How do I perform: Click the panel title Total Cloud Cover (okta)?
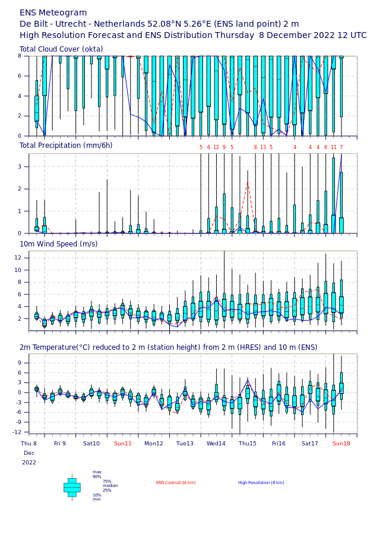tap(61, 49)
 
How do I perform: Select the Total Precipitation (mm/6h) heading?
tap(66, 146)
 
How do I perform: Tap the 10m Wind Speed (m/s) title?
tap(59, 244)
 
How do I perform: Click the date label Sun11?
tap(123, 444)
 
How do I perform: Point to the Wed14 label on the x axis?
tap(216, 444)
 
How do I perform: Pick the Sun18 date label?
tap(341, 444)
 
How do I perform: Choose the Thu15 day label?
tap(247, 444)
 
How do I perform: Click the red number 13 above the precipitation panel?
tap(263, 147)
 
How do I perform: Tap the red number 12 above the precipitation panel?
tap(216, 147)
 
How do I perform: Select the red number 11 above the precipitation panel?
tap(334, 147)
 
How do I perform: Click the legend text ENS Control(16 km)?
tap(176, 483)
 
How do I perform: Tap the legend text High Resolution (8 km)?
tap(261, 483)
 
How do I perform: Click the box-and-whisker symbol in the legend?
tap(72, 488)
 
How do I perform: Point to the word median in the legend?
tap(110, 486)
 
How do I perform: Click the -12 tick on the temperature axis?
tap(17, 432)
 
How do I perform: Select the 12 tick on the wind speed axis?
tap(18, 257)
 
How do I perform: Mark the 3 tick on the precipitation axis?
tap(20, 166)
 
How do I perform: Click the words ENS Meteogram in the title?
tap(53, 13)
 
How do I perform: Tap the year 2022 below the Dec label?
tap(29, 463)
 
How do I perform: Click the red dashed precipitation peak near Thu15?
tap(248, 182)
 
